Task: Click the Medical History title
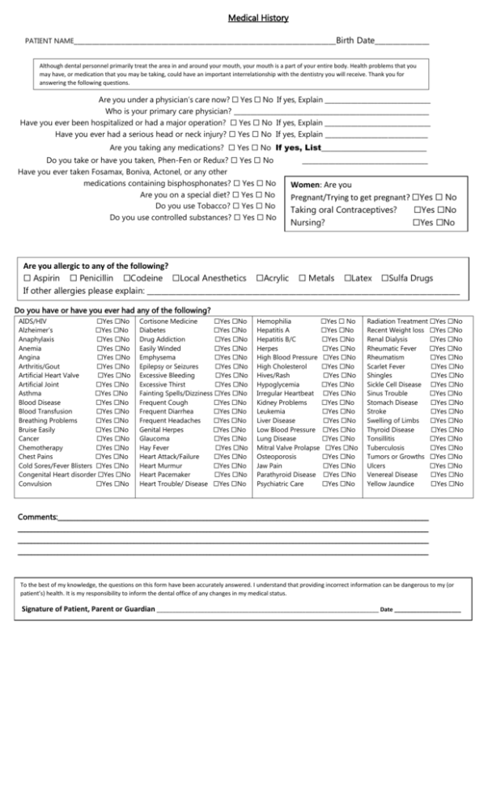[x=257, y=18]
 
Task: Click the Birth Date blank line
[x=402, y=41]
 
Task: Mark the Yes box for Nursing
[x=416, y=222]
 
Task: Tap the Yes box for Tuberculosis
[x=434, y=447]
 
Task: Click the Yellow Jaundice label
[x=392, y=483]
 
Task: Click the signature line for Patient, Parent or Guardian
[x=267, y=608]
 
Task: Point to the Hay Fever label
[x=154, y=447]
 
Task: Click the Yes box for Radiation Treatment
[x=434, y=322]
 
